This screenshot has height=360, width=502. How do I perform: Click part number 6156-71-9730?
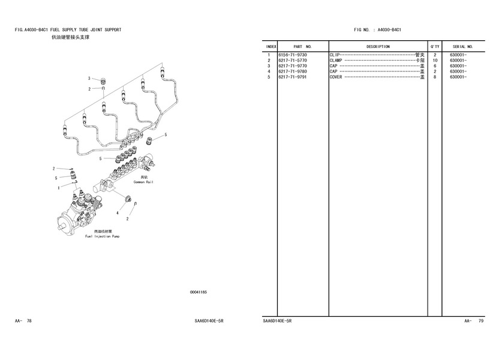pos(293,55)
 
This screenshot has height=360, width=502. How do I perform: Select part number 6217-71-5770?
pos(293,61)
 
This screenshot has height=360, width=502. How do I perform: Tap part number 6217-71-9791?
pos(293,77)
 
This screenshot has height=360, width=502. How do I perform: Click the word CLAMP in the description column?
pos(336,61)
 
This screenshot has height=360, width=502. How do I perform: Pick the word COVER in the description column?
pos(336,77)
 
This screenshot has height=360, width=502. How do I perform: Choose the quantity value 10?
pos(435,61)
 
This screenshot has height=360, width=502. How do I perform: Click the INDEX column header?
pos(270,46)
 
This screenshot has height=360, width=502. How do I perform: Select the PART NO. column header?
pos(302,46)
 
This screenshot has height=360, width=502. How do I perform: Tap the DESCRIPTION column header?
pos(378,46)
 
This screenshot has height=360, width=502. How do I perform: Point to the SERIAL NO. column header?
pos(462,46)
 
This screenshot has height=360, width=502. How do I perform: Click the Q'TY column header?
pos(435,46)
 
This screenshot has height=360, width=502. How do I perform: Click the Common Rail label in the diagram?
pos(143,182)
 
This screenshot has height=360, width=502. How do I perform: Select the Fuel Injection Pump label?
pos(102,236)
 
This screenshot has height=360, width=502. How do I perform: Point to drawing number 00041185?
pos(198,292)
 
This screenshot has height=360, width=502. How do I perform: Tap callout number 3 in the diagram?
pos(89,79)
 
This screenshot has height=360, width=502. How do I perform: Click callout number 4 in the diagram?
pos(118,213)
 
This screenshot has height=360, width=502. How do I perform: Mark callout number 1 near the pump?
pos(58,188)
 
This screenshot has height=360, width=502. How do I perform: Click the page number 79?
pos(481,322)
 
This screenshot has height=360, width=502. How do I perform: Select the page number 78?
pos(29,322)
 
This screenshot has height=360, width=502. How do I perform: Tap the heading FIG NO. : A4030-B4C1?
pos(377,29)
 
